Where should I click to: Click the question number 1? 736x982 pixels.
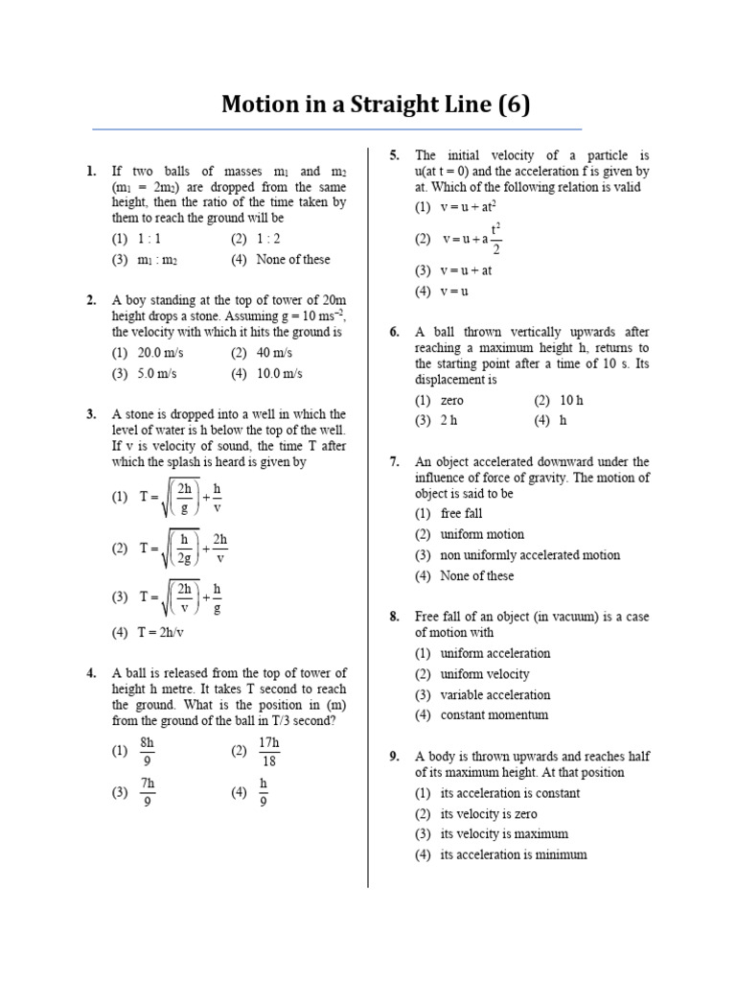point(91,172)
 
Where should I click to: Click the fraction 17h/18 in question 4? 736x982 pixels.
point(269,752)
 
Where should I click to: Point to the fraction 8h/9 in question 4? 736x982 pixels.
point(148,752)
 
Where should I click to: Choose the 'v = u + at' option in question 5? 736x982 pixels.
point(466,270)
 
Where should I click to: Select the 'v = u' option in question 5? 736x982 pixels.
point(453,292)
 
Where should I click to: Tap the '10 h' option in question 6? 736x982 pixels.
point(571,400)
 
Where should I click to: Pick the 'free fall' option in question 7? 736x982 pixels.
point(461,514)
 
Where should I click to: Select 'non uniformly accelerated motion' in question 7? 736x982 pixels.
point(529,555)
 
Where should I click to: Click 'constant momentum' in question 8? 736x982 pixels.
point(494,715)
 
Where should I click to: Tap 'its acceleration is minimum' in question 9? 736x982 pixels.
point(513,854)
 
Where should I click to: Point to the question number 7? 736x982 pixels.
point(394,462)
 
